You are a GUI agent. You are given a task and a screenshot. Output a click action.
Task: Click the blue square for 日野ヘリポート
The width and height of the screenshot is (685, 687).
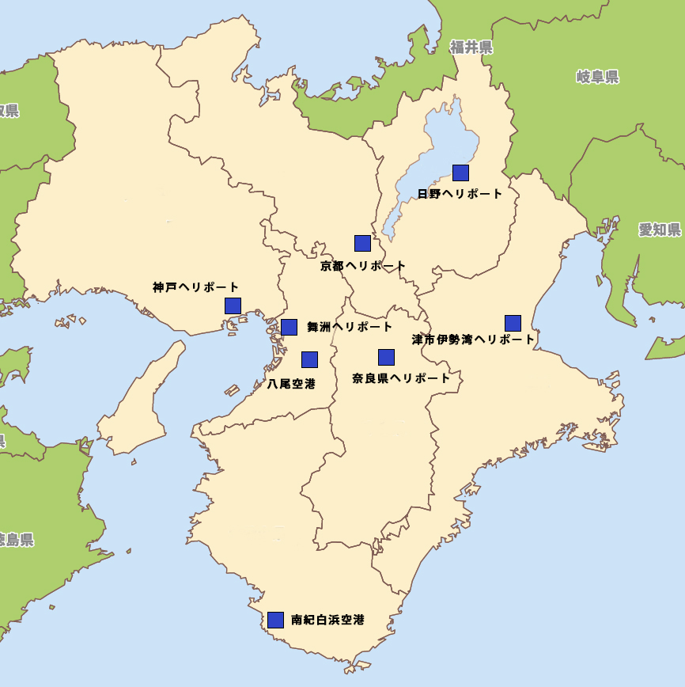[460, 173]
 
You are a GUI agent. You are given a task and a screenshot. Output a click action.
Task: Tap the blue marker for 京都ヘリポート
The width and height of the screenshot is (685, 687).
[362, 243]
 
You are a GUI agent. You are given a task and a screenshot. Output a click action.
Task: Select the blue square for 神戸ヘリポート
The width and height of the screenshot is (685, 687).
[233, 306]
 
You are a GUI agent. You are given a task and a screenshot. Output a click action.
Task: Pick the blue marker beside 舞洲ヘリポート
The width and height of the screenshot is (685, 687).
[289, 327]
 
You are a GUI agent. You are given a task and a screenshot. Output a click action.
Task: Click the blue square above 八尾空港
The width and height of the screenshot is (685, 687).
[309, 359]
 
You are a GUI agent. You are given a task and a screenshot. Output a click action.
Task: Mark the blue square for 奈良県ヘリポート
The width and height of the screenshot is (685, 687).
[386, 357]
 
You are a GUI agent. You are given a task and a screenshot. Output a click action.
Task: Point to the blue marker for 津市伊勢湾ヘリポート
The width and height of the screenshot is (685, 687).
[513, 323]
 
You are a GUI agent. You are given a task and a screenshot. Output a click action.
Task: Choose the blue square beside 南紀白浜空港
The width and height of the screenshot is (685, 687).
[275, 620]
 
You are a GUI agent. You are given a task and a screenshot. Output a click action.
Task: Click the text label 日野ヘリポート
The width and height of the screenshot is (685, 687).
[460, 194]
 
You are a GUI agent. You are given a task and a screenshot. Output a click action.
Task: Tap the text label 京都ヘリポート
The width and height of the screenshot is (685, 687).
[363, 266]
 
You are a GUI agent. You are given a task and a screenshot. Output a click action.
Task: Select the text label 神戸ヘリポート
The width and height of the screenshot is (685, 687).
[195, 287]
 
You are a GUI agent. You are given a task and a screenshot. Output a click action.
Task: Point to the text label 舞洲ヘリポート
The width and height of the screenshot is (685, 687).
[350, 327]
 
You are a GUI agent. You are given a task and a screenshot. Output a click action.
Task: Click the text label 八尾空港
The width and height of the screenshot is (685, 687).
[291, 384]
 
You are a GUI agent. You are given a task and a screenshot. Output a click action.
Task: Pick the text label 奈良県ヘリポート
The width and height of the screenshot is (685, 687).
[401, 378]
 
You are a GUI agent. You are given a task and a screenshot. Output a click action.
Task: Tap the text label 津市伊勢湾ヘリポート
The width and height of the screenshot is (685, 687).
[473, 340]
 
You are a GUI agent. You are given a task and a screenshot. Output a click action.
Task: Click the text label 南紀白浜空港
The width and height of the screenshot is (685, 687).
[327, 620]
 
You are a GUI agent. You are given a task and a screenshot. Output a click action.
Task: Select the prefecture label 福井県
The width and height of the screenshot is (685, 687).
[471, 47]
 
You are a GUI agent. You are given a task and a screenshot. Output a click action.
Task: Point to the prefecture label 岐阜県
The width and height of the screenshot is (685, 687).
[597, 77]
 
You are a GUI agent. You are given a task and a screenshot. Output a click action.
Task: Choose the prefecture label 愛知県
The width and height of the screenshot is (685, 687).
[660, 230]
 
